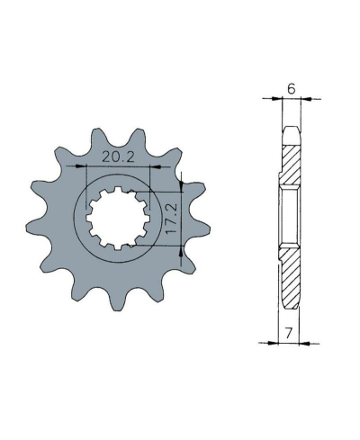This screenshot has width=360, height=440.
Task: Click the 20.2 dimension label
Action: (118, 157)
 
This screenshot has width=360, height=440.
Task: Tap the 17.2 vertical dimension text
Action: (172, 219)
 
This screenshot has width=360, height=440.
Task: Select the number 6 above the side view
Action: (292, 89)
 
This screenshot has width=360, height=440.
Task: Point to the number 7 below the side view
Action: (289, 333)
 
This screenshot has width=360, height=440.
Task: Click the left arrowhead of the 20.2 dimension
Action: (80, 166)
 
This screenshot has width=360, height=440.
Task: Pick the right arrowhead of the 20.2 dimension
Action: (155, 166)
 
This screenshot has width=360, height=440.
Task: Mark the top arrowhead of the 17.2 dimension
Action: (181, 186)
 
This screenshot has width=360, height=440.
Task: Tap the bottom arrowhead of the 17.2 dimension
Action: (181, 251)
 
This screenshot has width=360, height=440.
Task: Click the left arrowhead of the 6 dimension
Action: (277, 98)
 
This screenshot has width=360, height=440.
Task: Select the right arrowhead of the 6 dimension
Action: (306, 98)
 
